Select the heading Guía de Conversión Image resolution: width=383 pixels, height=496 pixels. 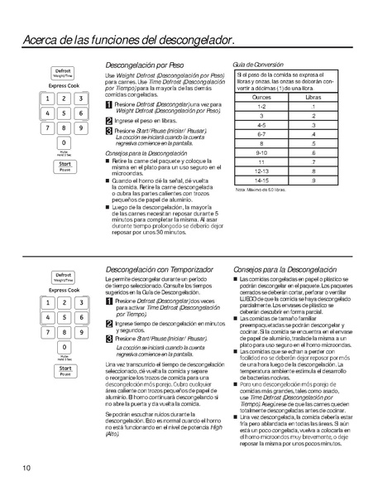(257, 65)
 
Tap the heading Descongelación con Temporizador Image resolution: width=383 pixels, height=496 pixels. (160, 270)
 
